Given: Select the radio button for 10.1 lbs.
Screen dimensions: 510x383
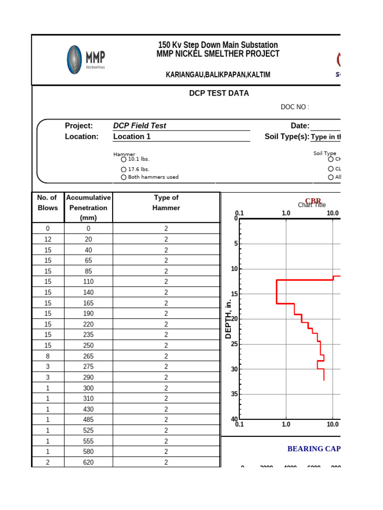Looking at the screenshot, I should click(123, 159).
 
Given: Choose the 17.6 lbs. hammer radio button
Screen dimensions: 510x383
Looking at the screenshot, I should click(123, 169).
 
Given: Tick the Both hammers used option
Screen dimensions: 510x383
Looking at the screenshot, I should click(123, 177).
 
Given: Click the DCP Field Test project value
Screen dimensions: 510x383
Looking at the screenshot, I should click(140, 126).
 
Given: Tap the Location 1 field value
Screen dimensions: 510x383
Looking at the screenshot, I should click(132, 136).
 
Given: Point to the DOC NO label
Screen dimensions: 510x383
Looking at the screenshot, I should click(295, 107).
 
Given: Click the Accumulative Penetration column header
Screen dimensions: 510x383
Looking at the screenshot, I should click(88, 207).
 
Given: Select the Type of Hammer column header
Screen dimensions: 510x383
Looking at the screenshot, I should click(166, 203).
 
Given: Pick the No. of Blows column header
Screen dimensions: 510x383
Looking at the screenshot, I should click(47, 203).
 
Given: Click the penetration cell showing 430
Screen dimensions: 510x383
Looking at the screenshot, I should click(88, 409).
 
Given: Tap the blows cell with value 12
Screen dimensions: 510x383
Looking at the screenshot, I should click(47, 239).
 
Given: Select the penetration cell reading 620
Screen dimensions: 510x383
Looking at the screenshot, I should click(88, 462).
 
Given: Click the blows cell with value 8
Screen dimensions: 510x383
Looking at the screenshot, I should click(47, 356).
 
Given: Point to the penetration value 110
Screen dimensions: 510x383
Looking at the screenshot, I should click(88, 281).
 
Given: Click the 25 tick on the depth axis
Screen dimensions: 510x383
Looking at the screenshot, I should click(234, 344).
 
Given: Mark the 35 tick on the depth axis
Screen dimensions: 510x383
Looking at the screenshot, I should click(234, 394).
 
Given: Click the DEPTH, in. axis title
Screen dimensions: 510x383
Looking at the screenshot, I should click(228, 319).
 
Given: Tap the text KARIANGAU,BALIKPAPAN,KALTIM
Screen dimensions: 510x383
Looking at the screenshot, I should click(218, 75).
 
